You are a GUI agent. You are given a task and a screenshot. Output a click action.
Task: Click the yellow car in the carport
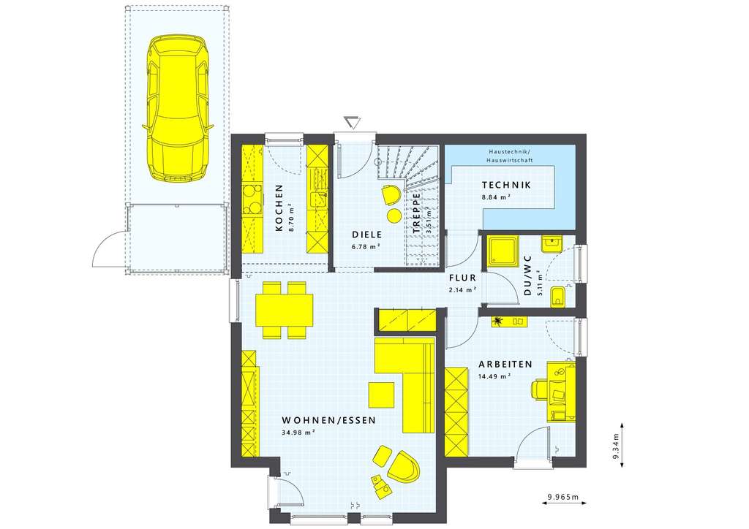(178, 108)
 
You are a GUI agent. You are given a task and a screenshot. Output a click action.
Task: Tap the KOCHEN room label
(279, 208)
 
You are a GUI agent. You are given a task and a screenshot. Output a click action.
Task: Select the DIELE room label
(367, 235)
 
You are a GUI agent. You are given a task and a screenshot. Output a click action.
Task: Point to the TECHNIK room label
(506, 185)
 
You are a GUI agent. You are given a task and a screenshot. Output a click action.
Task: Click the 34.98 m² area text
(298, 433)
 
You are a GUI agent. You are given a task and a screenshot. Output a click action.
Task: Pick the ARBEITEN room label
(506, 365)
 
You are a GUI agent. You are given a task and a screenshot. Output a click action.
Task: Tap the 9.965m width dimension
(563, 497)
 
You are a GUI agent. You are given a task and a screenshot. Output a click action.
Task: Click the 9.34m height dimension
(616, 444)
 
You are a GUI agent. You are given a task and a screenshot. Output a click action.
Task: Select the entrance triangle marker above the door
(353, 122)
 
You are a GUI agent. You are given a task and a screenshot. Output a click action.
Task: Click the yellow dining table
(285, 310)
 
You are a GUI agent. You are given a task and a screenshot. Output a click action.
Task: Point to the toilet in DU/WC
(557, 297)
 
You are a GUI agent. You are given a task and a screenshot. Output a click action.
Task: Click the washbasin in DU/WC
(552, 244)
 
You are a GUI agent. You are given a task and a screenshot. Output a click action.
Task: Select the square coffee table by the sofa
(381, 395)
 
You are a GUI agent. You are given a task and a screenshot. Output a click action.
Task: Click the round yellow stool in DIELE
(394, 216)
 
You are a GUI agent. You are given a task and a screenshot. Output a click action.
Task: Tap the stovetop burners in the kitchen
(252, 199)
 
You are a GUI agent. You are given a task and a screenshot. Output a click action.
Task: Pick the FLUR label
(462, 278)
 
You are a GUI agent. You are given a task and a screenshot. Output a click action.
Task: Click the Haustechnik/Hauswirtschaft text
(510, 156)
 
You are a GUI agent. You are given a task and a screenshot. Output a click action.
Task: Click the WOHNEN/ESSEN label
(328, 421)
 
